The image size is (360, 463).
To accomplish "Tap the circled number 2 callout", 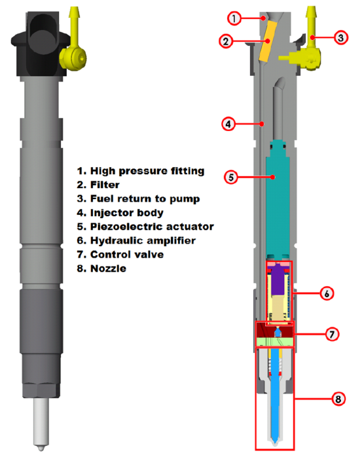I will (x=225, y=41).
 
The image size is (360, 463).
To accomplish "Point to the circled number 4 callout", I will (x=228, y=123).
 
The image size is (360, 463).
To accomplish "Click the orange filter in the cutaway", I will (x=266, y=48).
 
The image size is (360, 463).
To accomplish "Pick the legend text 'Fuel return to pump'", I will (x=145, y=198).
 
